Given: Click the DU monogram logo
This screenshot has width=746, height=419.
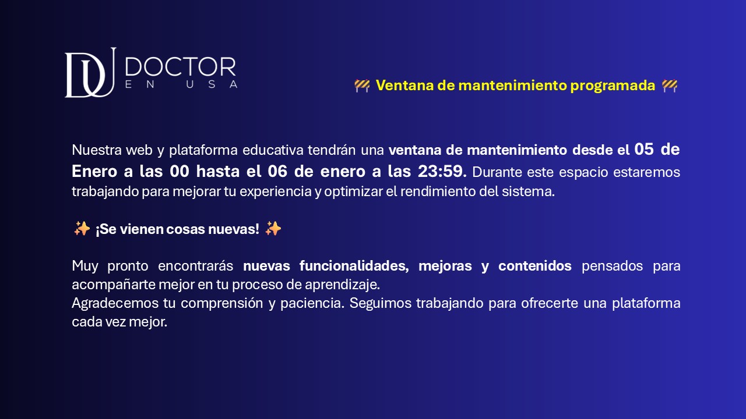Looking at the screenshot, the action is click(x=90, y=73).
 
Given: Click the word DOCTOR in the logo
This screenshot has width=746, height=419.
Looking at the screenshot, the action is click(x=181, y=67).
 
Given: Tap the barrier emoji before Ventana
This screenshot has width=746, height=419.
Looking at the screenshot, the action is click(x=362, y=86).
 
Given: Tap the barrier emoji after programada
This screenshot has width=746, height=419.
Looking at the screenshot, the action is click(x=670, y=86).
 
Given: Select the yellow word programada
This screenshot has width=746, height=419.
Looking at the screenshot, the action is click(x=613, y=86).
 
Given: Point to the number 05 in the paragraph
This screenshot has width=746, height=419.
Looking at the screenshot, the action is click(x=644, y=150).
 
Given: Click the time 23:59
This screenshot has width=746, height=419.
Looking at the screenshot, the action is click(x=440, y=172).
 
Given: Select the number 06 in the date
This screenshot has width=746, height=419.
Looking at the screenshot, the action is click(x=277, y=172).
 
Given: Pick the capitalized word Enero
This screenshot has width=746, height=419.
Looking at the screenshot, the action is click(x=94, y=172).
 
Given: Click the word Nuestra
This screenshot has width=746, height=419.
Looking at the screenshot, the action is click(x=97, y=150).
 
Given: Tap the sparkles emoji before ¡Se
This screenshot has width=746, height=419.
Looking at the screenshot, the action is click(x=82, y=229).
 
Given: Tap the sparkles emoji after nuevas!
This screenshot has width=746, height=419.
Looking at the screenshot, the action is click(x=273, y=229).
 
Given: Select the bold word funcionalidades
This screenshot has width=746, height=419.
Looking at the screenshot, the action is click(x=354, y=266).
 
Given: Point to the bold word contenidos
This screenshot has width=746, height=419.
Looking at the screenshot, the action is click(x=535, y=266).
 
